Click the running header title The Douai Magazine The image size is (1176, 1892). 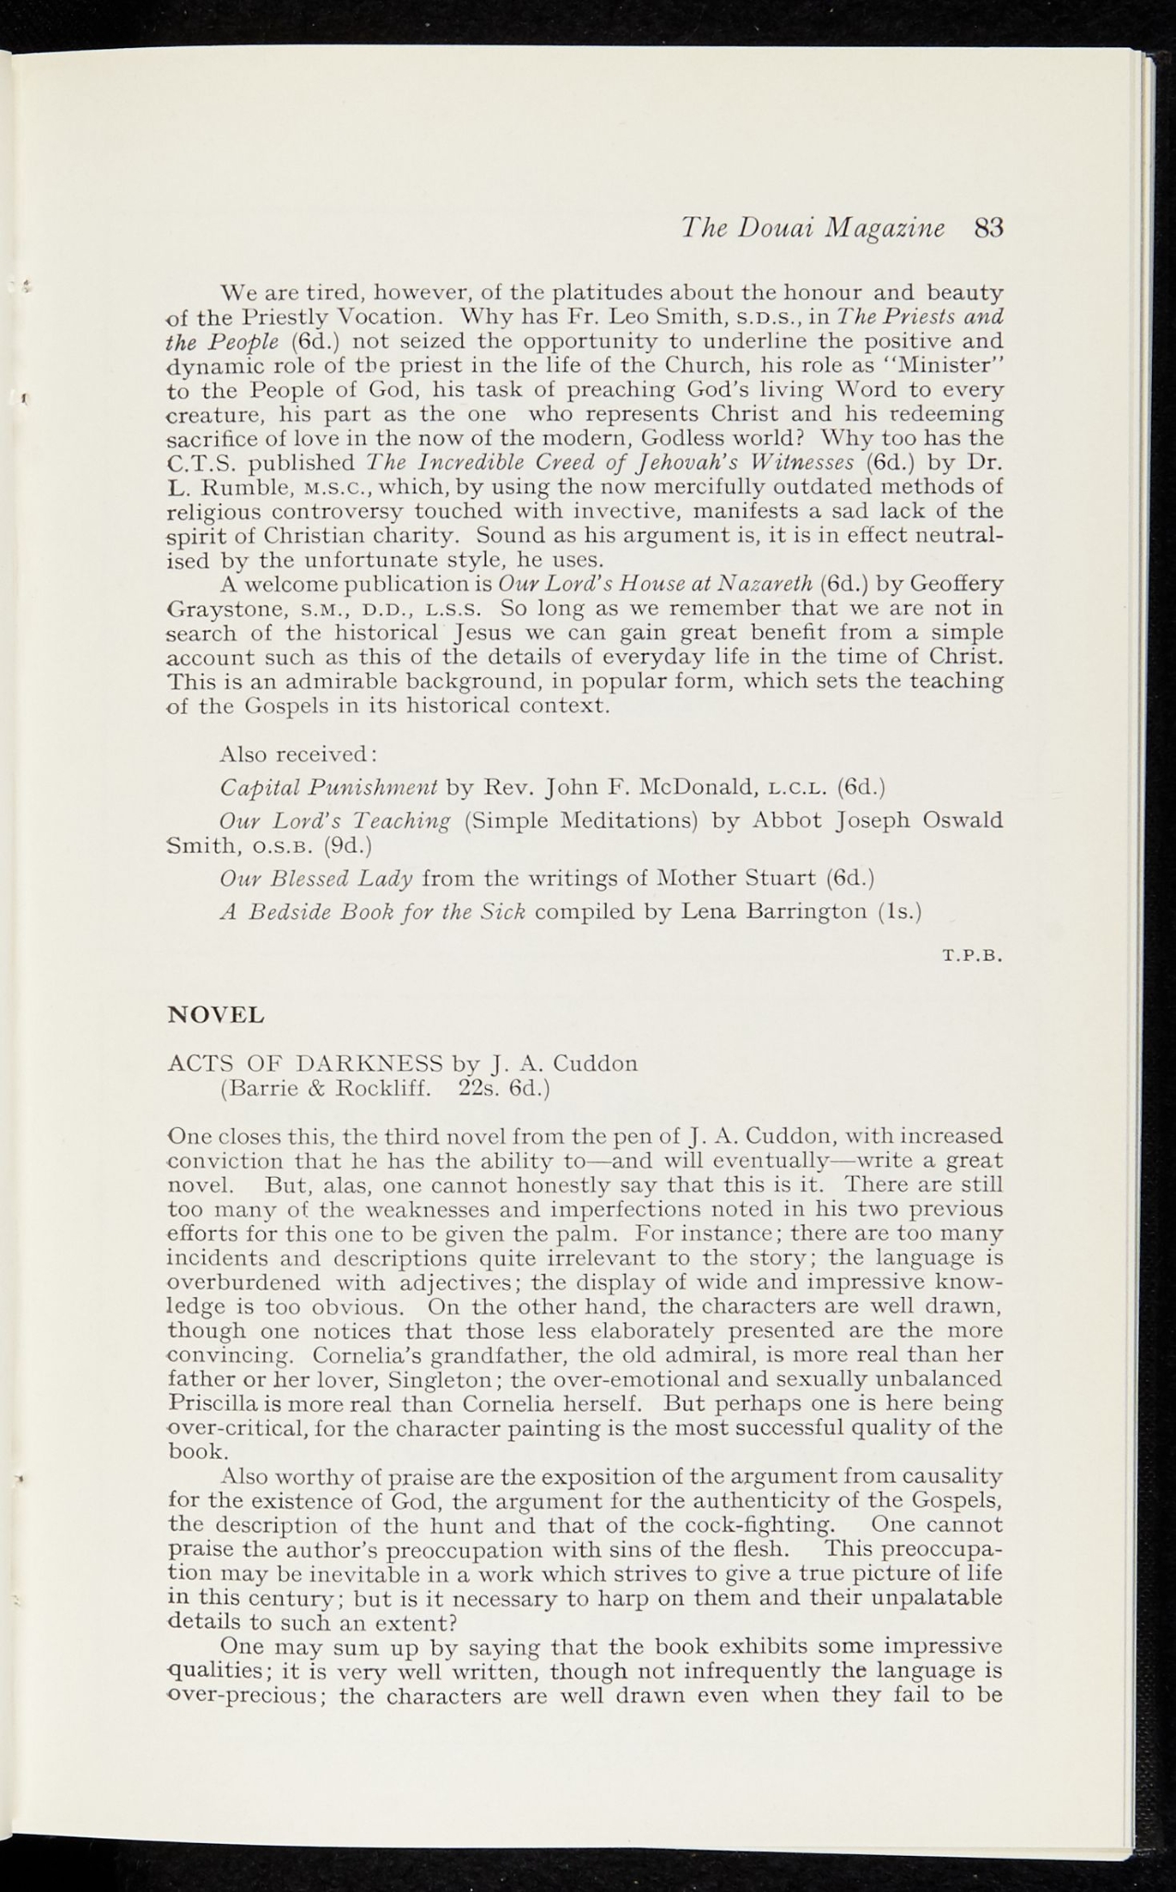click(813, 227)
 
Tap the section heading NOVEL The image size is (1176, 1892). click(216, 1014)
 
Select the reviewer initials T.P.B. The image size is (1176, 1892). click(972, 957)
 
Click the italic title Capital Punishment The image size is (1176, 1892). click(328, 788)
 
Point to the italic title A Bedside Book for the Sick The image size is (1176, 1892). click(372, 912)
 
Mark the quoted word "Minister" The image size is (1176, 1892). click(956, 364)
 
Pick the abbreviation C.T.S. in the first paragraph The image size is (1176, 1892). click(202, 461)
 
